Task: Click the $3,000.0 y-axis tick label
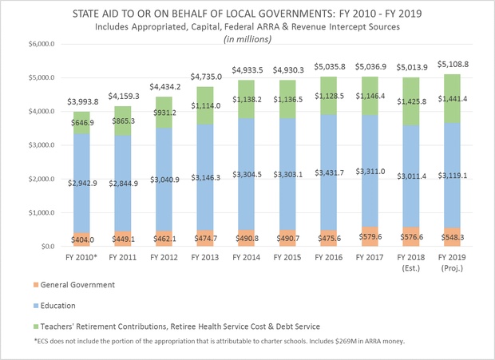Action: [x=26, y=145]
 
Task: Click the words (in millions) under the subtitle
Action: [x=247, y=39]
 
